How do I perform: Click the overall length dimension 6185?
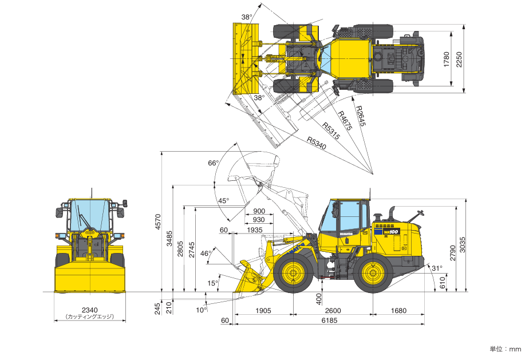(329, 320)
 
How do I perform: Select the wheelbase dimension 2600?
(333, 310)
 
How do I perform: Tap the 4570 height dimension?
(158, 221)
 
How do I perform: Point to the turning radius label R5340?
(317, 143)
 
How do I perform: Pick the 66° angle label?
(213, 163)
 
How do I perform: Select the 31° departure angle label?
(437, 268)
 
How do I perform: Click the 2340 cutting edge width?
(90, 310)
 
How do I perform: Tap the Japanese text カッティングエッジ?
(90, 317)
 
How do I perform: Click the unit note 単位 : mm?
(506, 349)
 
